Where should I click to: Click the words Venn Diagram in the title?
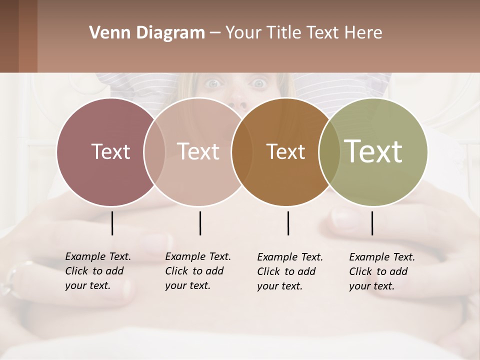[147, 33]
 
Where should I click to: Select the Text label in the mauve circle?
[110, 151]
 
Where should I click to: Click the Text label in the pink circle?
[198, 151]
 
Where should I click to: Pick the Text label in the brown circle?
[285, 151]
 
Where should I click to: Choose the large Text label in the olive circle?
[373, 151]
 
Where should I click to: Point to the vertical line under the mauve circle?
[112, 223]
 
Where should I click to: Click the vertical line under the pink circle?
[200, 223]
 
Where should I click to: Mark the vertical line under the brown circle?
[288, 223]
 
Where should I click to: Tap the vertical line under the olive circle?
[372, 223]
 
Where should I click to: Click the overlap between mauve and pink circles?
[154, 151]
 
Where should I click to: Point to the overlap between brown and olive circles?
[329, 151]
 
